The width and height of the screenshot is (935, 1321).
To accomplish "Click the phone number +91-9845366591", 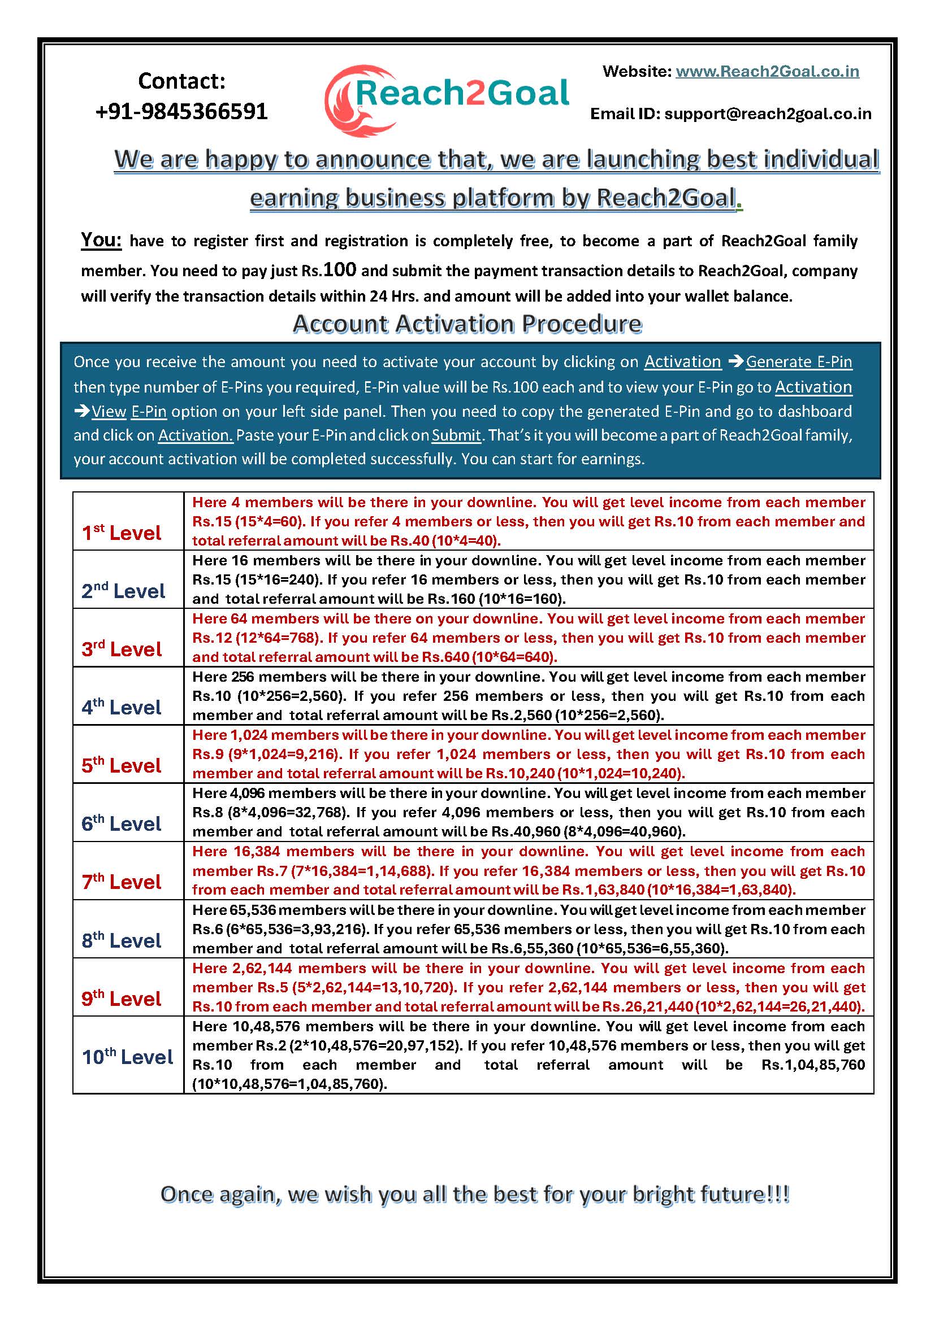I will [181, 111].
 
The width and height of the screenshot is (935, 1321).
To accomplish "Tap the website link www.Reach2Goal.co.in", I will [767, 71].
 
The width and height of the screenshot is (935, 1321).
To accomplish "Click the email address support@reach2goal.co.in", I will [768, 114].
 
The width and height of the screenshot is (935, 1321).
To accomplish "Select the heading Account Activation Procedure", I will [467, 324].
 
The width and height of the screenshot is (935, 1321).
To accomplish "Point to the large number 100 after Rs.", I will [340, 269].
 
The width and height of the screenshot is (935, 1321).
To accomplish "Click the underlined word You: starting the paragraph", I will [101, 239].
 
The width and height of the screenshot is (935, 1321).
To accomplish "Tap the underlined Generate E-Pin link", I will [799, 362].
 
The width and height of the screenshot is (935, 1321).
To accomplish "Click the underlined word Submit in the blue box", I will [456, 435].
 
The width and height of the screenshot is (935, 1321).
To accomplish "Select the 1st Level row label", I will [122, 533].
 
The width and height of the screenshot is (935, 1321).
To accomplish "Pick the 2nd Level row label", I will [123, 591].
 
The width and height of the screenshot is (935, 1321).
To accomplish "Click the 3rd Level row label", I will [122, 649].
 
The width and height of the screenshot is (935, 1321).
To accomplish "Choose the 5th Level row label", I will [122, 765].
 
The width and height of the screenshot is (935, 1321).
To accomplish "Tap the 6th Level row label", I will [122, 823].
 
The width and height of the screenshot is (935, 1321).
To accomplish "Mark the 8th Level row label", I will [122, 940].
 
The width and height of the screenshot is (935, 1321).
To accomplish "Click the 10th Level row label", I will [127, 1056].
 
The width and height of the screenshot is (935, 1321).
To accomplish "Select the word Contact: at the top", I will [181, 81].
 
